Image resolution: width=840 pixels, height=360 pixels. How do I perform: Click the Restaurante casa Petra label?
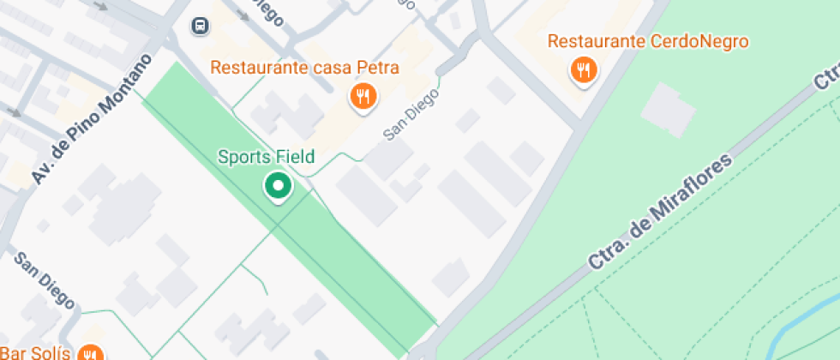[305, 67]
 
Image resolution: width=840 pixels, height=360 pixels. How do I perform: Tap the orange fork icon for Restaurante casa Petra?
[363, 96]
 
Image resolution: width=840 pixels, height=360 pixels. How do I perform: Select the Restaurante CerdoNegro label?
[648, 41]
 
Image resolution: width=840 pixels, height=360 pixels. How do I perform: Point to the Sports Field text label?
[266, 157]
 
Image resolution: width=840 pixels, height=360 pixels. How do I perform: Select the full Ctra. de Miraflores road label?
[660, 213]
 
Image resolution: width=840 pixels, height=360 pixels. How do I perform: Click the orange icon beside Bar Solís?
[90, 353]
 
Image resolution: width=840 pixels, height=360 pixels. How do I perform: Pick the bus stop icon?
[200, 26]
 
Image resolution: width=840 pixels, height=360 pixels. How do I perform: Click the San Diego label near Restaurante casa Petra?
[410, 116]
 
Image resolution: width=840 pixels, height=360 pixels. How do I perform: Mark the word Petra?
[380, 67]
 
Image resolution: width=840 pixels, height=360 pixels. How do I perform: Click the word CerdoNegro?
[700, 41]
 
